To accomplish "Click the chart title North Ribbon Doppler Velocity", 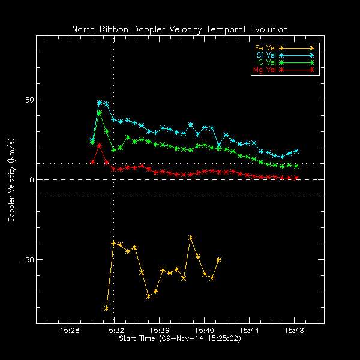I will [180, 29].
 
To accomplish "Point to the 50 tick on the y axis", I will [26, 100].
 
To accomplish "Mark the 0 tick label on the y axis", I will [29, 180].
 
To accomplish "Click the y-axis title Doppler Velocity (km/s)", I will [11, 180].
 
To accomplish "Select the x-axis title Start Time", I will [180, 339].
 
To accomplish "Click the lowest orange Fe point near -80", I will [107, 308].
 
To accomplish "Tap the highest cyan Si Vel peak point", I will [100, 103].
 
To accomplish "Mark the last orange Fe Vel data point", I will [219, 260].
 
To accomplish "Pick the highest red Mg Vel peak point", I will [100, 146].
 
